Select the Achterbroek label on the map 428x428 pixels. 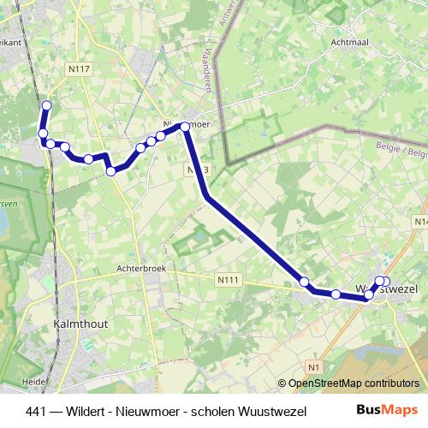pyautogui.click(x=140, y=268)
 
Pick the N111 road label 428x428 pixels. pyautogui.click(x=228, y=279)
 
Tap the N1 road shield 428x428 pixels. pyautogui.click(x=314, y=367)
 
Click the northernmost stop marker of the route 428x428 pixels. pyautogui.click(x=47, y=105)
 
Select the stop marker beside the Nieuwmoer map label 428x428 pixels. pyautogui.click(x=185, y=127)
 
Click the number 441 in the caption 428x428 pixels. pyautogui.click(x=37, y=410)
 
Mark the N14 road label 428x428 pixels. pyautogui.click(x=419, y=221)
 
